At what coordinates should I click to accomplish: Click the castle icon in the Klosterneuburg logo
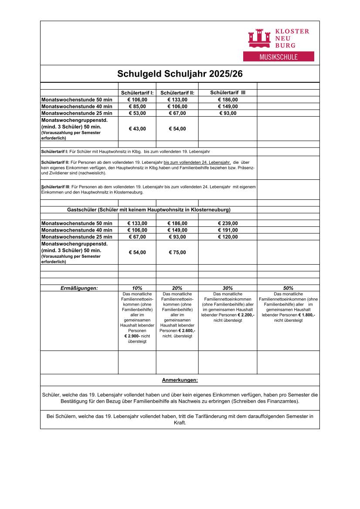click(x=259, y=38)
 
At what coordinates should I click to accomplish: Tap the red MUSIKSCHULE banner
click(x=278, y=57)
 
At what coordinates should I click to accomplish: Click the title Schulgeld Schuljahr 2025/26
click(x=180, y=74)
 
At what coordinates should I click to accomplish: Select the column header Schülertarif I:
click(x=137, y=93)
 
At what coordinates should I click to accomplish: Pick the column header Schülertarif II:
click(x=177, y=93)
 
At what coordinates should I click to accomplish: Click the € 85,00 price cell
click(x=137, y=106)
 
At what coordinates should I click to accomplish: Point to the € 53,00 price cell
click(x=137, y=113)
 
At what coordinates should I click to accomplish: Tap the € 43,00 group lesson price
click(x=137, y=128)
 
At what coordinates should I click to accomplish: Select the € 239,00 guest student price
click(x=228, y=223)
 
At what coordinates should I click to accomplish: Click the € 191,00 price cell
click(x=228, y=230)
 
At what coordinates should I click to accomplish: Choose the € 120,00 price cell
click(x=228, y=237)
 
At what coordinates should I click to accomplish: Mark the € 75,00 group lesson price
click(x=177, y=252)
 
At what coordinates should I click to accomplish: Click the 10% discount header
click(x=137, y=288)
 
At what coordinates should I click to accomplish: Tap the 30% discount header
click(x=228, y=288)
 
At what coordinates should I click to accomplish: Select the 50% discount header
click(x=288, y=288)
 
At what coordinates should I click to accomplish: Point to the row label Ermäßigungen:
click(x=79, y=288)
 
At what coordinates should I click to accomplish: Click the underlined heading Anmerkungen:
click(x=180, y=380)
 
